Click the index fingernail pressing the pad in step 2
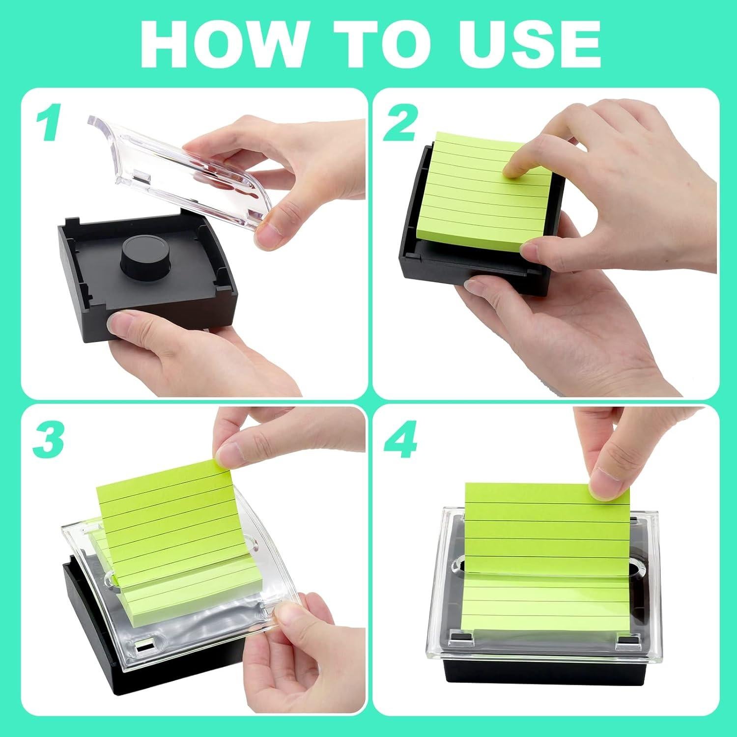pyautogui.click(x=513, y=170)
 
